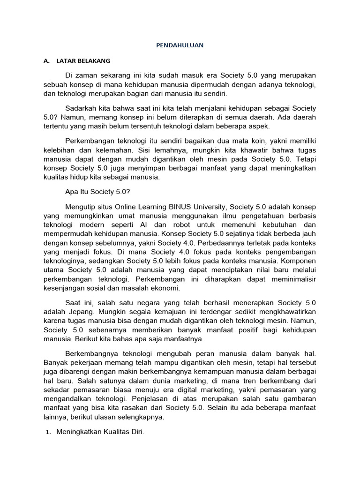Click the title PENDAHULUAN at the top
pos(180,45)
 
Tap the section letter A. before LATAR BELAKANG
pos(46,61)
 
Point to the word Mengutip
pos(81,207)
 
